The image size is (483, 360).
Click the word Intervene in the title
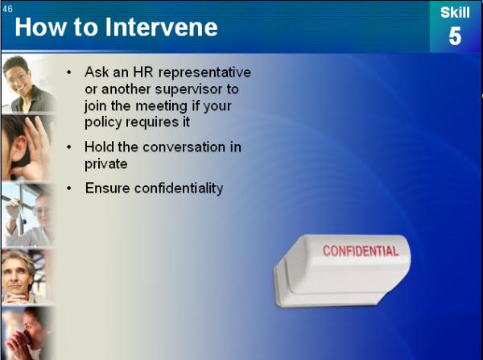coord(162,27)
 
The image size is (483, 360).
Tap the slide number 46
coord(7,9)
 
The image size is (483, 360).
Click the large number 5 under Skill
coord(455,36)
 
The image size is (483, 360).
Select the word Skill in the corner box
coord(455,13)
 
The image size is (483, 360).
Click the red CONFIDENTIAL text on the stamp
coord(361,251)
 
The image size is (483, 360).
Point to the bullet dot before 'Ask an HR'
coord(68,72)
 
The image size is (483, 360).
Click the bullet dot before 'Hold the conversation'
coord(68,147)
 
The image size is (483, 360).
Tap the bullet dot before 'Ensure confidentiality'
coord(68,188)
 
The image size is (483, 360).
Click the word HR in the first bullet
coord(143,72)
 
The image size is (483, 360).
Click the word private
coord(106,164)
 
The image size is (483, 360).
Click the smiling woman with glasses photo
coord(28,84)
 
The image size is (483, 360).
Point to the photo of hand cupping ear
coord(27,148)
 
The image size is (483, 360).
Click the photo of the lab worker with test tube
coord(27,214)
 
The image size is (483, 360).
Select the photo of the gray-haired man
coord(27,277)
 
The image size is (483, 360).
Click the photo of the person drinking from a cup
coord(27,333)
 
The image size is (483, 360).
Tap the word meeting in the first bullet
coord(161,106)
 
